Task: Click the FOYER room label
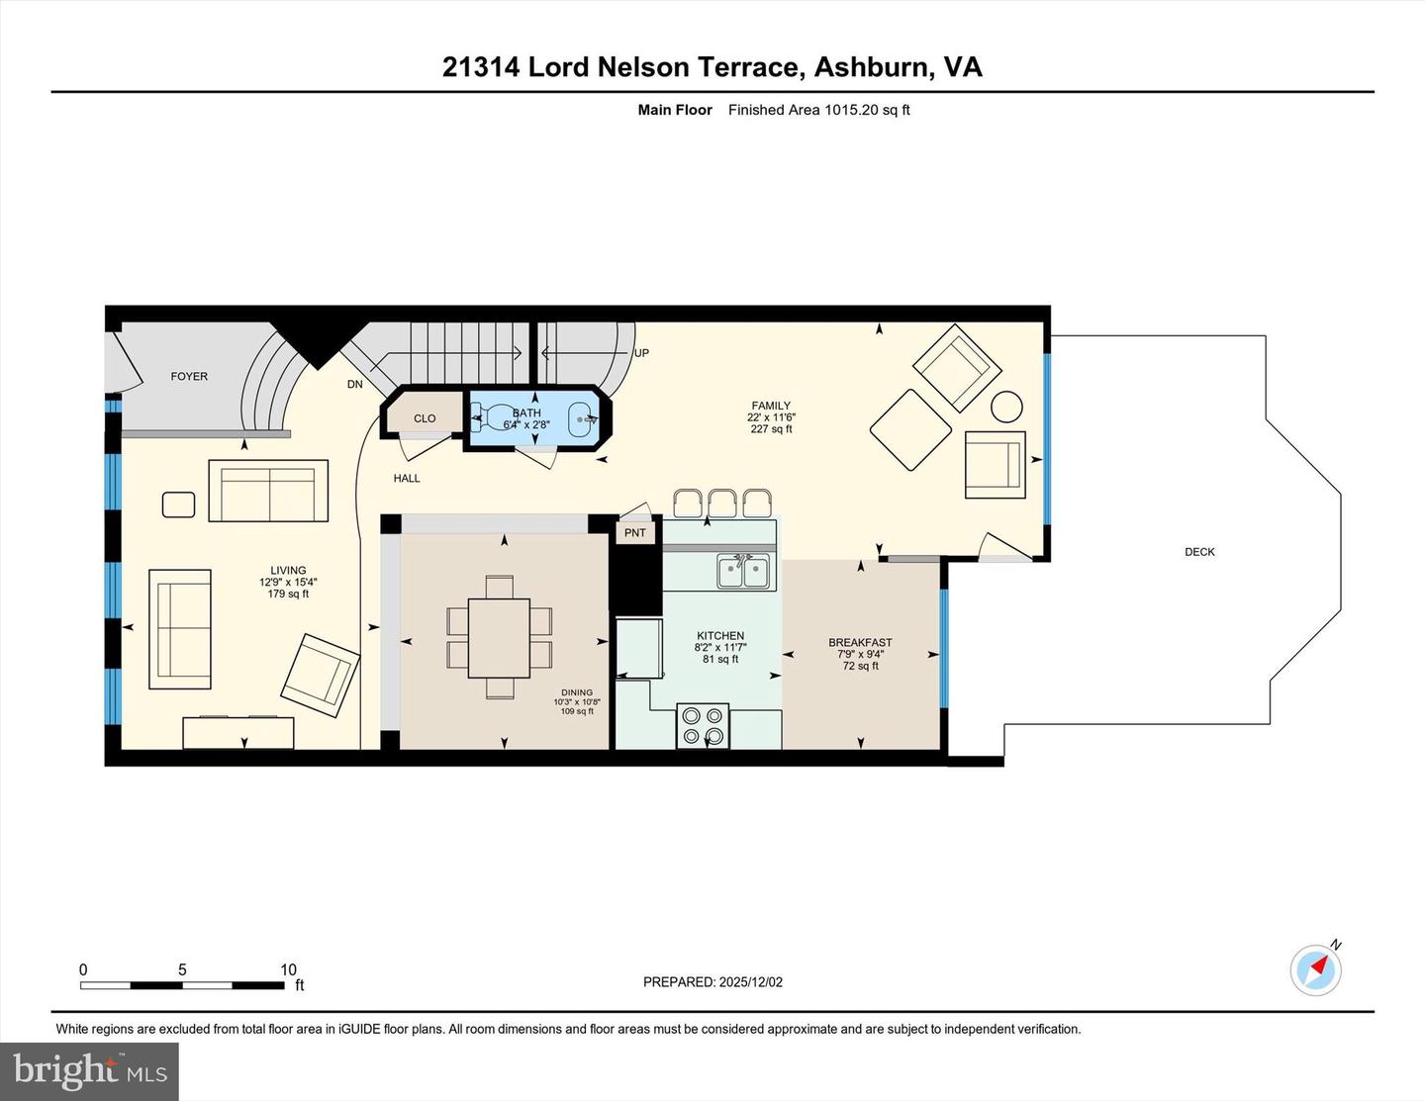189,376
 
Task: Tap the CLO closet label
425,418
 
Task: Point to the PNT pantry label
635,532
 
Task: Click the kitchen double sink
743,571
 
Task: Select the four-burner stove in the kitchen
703,725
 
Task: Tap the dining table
499,637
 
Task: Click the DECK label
1199,552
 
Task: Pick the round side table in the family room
1007,407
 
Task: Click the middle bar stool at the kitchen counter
722,503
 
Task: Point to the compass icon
1315,969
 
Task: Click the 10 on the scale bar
288,969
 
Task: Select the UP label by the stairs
641,353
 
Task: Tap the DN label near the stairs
354,384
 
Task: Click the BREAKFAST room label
860,643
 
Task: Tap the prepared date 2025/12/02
750,982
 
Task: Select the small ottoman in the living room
179,505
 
